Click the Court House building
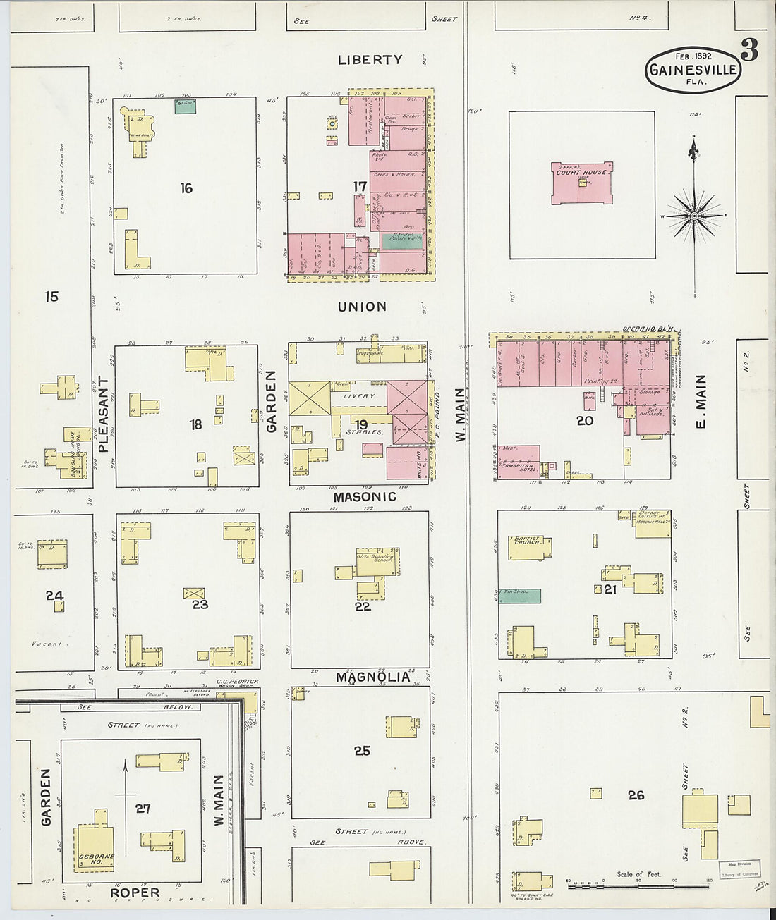(582, 183)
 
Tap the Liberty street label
(370, 60)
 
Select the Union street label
(362, 307)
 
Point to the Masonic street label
(365, 496)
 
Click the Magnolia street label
(372, 677)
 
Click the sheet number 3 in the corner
(748, 51)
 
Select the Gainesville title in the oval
(693, 70)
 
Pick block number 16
(186, 188)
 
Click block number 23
(200, 604)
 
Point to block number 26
(636, 795)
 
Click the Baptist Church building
(526, 547)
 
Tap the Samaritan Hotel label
(519, 467)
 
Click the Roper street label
(135, 893)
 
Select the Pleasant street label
(103, 415)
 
